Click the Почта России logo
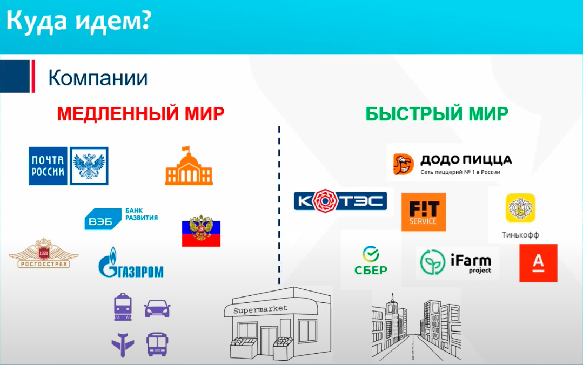pos(68,166)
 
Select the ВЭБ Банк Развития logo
pos(121,218)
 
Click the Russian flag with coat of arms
pos(201,231)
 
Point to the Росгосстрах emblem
pos(43,255)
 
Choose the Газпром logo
pos(131,263)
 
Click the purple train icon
pos(122,307)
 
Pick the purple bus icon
pos(157,344)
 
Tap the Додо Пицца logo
pos(452,163)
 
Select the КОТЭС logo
pos(340,201)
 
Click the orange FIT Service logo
pos(424,212)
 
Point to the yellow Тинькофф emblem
pos(520,208)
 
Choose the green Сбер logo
pos(371,260)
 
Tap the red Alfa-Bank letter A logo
pos(538,263)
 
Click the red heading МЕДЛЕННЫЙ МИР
pos(140,114)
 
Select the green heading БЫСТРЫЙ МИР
pos(437,114)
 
